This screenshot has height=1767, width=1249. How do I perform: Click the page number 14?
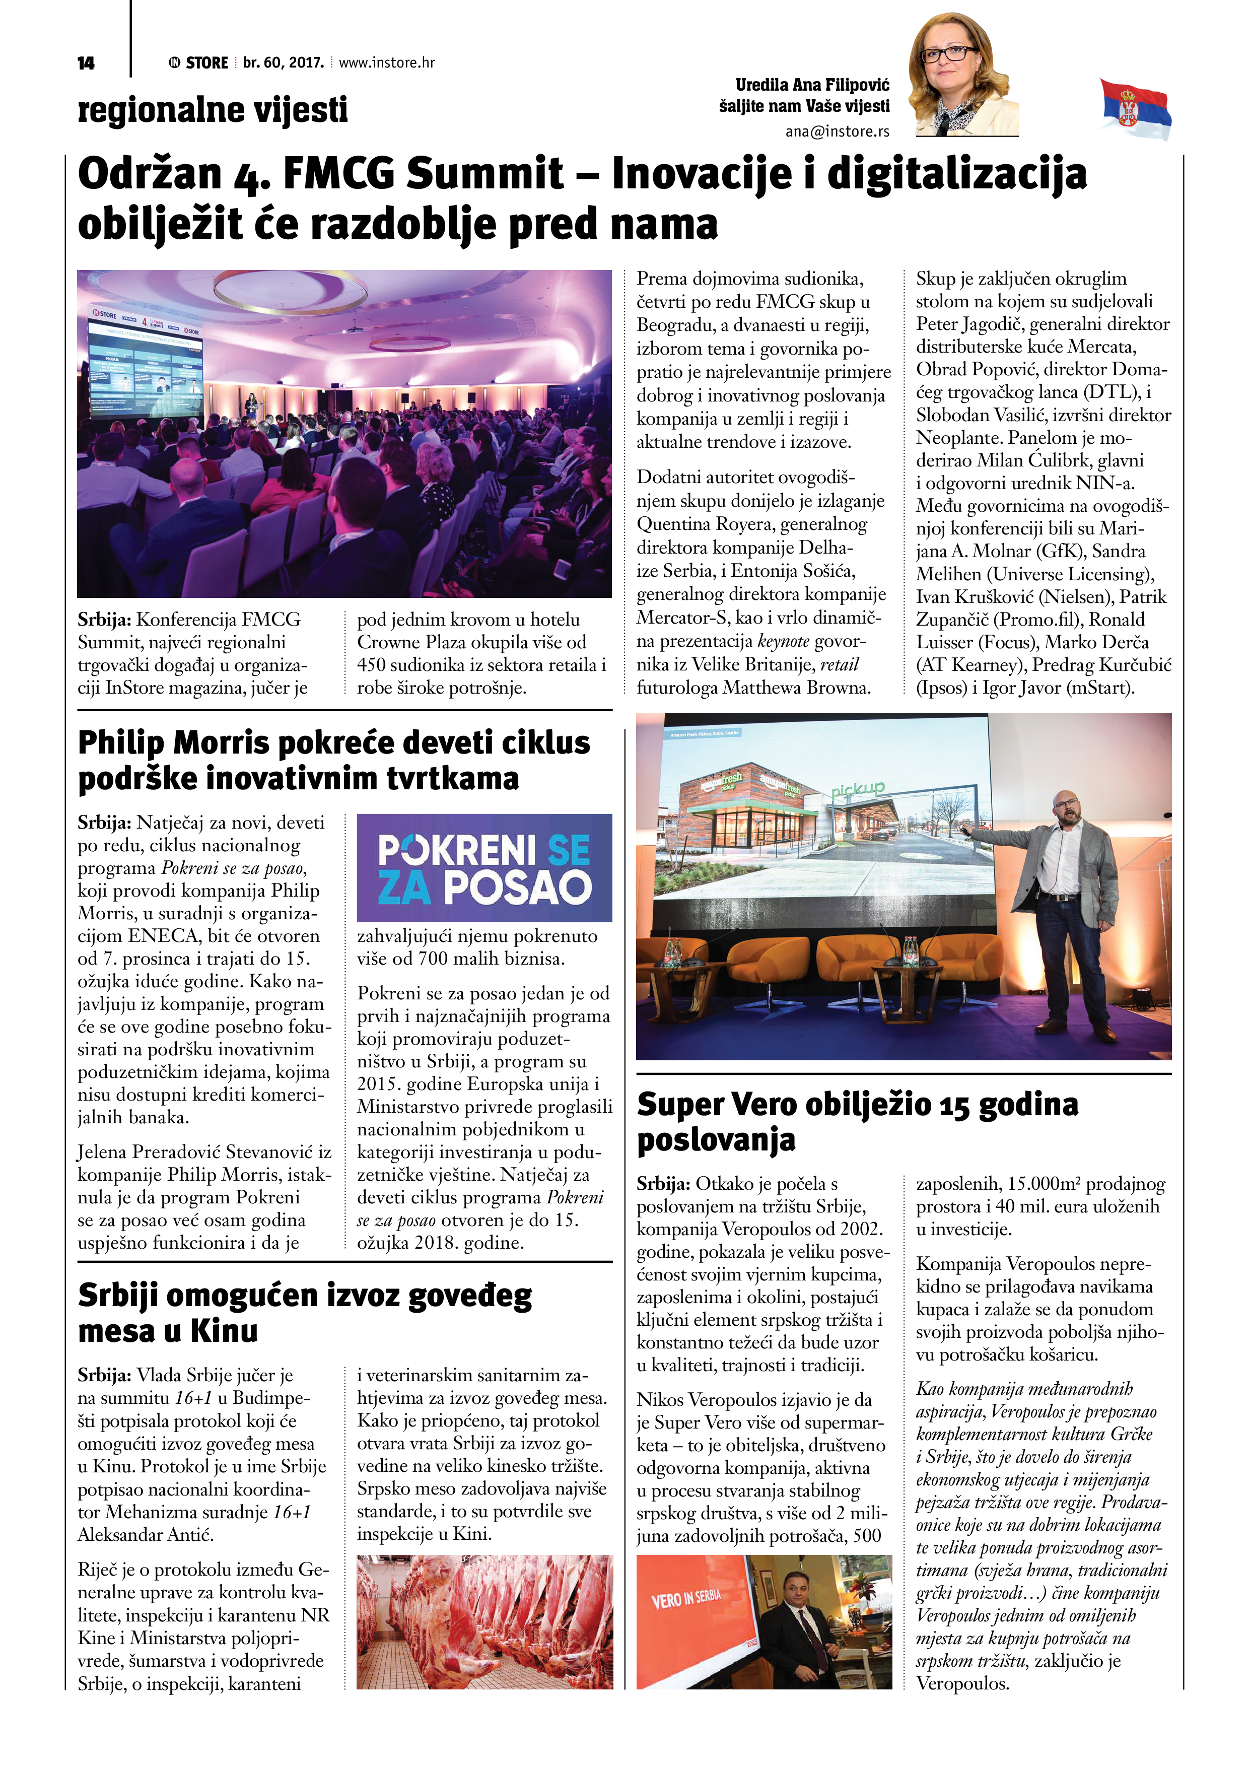pyautogui.click(x=86, y=63)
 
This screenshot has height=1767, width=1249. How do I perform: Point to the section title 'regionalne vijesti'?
pyautogui.click(x=213, y=109)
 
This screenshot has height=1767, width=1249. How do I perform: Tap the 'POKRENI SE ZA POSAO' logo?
pyautogui.click(x=484, y=868)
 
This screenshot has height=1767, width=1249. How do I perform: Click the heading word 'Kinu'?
pyautogui.click(x=223, y=1331)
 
